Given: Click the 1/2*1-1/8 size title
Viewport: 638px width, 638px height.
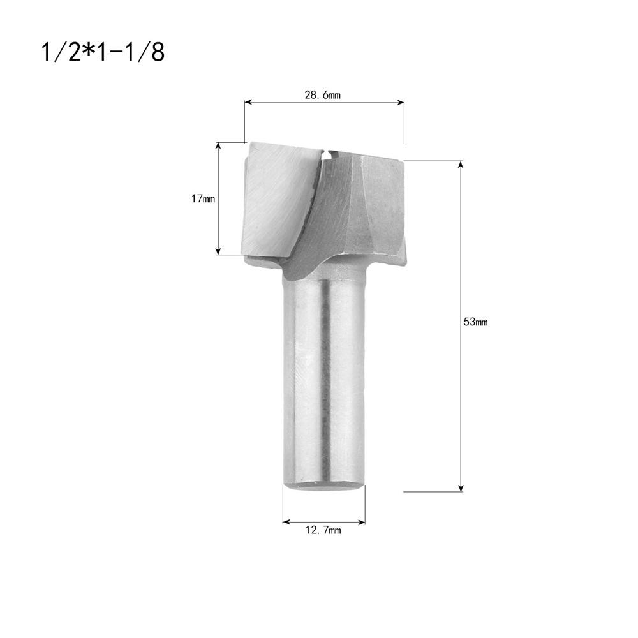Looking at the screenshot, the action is (x=103, y=52).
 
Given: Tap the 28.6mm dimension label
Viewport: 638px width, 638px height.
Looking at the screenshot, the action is (x=323, y=95).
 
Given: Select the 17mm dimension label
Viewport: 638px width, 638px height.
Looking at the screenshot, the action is (x=203, y=199).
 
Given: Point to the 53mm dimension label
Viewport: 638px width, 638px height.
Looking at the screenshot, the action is (x=476, y=322).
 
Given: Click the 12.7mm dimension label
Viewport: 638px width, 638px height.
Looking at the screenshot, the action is (x=323, y=530).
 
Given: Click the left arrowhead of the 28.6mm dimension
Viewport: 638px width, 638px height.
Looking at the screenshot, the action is (x=248, y=103).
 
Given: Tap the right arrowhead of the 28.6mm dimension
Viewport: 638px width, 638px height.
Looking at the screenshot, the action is (x=401, y=103).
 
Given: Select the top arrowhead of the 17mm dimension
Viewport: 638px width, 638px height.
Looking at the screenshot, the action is (x=218, y=145).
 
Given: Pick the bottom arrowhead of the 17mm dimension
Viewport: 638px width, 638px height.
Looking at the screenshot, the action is (x=218, y=251).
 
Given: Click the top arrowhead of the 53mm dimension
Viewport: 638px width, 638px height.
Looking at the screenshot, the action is (x=461, y=165).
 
